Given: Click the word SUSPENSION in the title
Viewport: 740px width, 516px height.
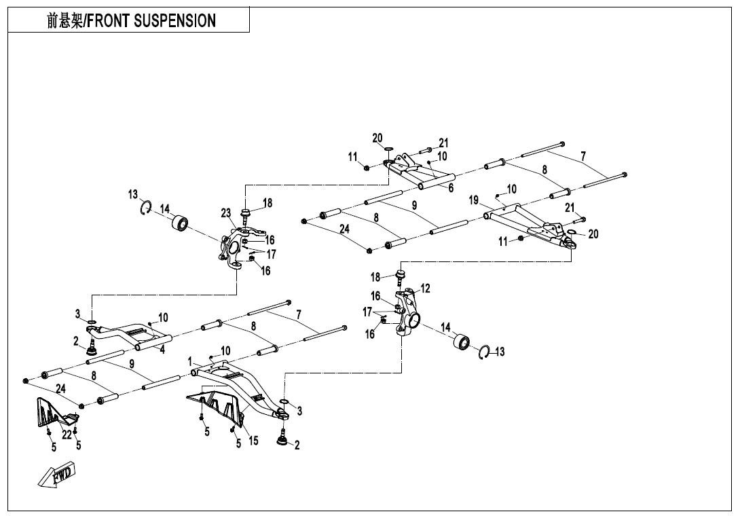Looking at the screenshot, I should pos(174,20).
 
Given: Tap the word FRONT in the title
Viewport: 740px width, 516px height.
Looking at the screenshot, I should pos(109,20).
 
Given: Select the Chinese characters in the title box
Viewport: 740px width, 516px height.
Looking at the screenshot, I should pos(64,20).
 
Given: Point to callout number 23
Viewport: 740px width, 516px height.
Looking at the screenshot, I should pos(226,213).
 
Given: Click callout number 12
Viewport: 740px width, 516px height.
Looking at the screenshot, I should pos(426,289).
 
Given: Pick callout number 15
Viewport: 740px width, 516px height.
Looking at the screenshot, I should pos(253,441).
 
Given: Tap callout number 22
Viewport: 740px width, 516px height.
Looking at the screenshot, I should pos(67,435).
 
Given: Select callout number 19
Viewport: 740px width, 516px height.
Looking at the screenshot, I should pos(474,200).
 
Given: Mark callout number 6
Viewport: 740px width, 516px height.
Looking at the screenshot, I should pos(451,188).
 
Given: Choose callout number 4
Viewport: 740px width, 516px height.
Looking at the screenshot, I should pos(162,350).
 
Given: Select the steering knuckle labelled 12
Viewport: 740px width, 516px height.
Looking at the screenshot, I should pos(408,312).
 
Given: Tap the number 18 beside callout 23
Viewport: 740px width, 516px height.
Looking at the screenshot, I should pos(267,203).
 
